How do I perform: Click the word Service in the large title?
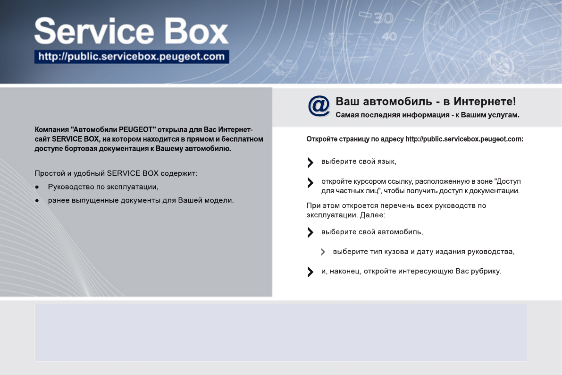(x=94, y=31)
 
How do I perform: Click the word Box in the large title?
(x=196, y=31)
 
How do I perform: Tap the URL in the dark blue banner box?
(x=132, y=57)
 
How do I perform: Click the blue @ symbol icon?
(x=319, y=106)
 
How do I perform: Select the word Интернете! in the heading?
(x=485, y=102)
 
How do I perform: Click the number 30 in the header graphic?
(x=384, y=18)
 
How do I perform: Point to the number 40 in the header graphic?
(x=389, y=36)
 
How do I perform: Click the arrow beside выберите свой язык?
(x=310, y=162)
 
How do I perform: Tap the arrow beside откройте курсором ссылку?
(x=310, y=183)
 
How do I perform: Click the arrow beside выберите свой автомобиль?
(x=310, y=232)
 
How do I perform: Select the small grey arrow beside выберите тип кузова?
(x=323, y=252)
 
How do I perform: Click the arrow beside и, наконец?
(x=310, y=272)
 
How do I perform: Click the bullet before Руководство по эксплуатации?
(x=37, y=187)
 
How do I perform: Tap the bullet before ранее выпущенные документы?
(x=37, y=201)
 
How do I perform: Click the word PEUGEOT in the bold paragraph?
(x=136, y=129)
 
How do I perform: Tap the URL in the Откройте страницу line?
(x=464, y=139)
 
